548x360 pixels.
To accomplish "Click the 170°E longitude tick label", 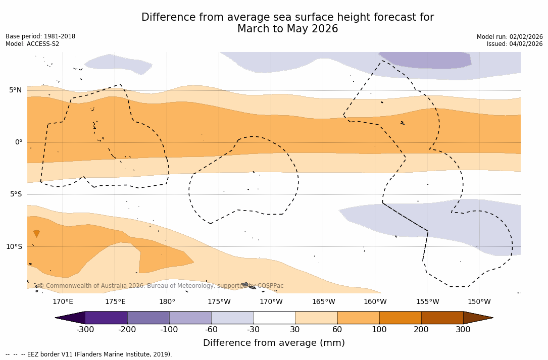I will [63, 302].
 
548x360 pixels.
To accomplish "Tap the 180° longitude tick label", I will [167, 302].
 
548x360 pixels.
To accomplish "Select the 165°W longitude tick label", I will [323, 302].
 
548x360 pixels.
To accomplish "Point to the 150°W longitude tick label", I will [479, 302].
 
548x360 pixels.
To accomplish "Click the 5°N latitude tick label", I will [15, 90].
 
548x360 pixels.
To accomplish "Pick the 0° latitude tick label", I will [19, 142].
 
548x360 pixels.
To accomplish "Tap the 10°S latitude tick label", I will [14, 247].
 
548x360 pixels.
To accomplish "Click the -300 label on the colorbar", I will [85, 330].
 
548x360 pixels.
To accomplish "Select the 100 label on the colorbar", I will [379, 330].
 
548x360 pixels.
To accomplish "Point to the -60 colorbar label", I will [211, 330].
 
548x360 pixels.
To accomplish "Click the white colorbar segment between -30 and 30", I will [274, 318].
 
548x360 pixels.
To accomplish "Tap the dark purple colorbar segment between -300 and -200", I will [106, 318].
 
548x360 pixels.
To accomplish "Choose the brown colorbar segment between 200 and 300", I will [442, 318].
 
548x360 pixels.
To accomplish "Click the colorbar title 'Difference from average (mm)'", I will [274, 343].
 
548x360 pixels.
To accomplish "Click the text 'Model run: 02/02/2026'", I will [510, 37].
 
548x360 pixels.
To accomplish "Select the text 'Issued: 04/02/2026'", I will [515, 44].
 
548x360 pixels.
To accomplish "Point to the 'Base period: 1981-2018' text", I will [40, 36].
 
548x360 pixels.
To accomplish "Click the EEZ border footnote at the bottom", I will [89, 354].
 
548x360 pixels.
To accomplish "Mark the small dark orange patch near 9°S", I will [36, 233].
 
